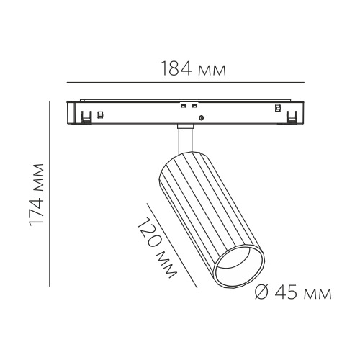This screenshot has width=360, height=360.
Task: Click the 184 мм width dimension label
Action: (x=194, y=68)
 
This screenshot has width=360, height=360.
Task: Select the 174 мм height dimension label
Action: (x=37, y=195)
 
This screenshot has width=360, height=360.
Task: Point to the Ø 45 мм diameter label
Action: (x=293, y=292)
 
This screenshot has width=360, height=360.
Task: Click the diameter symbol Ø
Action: (x=261, y=292)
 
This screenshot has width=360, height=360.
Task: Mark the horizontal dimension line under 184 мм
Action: (x=186, y=82)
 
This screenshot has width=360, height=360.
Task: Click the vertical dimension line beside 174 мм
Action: (x=50, y=194)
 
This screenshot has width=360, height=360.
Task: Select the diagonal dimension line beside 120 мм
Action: (x=172, y=246)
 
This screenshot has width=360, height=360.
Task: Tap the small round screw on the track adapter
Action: (x=202, y=117)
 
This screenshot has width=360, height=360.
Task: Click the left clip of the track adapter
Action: (x=86, y=117)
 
